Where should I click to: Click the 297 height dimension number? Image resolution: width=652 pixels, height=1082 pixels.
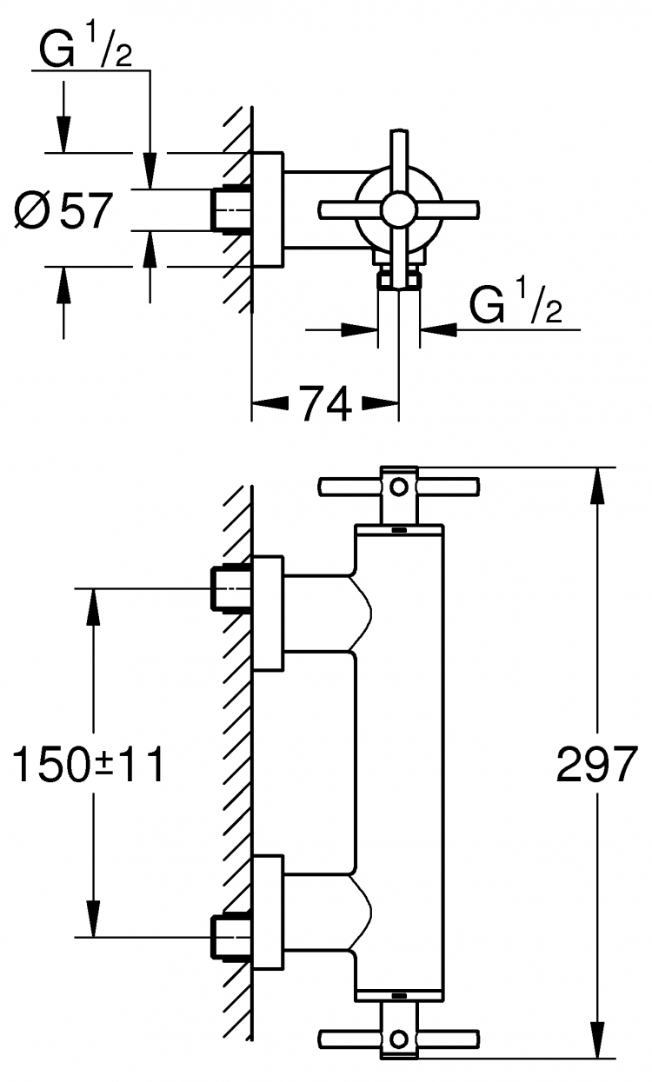[597, 764]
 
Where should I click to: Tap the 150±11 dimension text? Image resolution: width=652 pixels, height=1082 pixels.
[88, 764]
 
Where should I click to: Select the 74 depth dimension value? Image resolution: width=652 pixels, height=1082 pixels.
[325, 404]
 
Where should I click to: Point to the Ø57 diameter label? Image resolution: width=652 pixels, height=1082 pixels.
[63, 210]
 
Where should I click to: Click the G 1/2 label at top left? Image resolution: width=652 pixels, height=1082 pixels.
[85, 49]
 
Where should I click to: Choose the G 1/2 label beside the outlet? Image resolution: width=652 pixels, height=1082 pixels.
[516, 305]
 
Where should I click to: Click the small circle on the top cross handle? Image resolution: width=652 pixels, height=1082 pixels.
[399, 487]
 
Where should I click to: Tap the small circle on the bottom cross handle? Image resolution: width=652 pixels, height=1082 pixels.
[399, 1038]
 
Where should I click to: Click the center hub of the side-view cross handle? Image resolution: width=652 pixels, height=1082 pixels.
[398, 209]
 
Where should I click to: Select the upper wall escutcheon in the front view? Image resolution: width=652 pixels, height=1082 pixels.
[268, 614]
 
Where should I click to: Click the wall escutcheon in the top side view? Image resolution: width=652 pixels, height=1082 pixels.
[268, 209]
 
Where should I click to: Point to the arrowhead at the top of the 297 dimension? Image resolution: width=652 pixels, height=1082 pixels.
[598, 486]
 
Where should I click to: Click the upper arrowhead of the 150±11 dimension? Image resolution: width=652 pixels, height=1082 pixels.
[93, 607]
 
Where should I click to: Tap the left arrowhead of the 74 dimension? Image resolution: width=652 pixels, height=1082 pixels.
[270, 403]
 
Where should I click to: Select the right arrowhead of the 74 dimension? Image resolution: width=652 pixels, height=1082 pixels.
[381, 403]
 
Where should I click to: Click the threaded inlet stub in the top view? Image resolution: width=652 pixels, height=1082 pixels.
[231, 209]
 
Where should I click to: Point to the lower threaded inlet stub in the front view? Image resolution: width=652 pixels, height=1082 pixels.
[231, 937]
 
